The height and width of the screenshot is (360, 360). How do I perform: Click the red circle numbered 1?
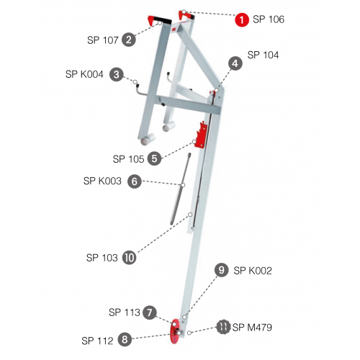pyautogui.click(x=242, y=19)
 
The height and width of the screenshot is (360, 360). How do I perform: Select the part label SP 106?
pyautogui.click(x=269, y=19)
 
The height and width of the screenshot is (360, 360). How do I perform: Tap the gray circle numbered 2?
pyautogui.click(x=129, y=40)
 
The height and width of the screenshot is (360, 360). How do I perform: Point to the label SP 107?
pyautogui.click(x=103, y=40)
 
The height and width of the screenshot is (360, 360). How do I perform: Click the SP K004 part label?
pyautogui.click(x=84, y=74)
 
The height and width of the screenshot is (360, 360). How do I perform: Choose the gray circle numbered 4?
pyautogui.click(x=235, y=63)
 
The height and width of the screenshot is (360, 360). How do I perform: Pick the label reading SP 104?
pyautogui.click(x=263, y=55)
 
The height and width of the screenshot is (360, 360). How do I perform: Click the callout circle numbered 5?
pyautogui.click(x=154, y=158)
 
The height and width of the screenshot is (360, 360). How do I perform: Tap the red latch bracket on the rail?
pyautogui.click(x=201, y=135)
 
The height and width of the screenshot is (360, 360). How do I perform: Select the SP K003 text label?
pyautogui.click(x=102, y=181)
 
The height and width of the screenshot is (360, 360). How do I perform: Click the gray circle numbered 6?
pyautogui.click(x=135, y=181)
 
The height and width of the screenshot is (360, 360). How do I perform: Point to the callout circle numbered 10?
pyautogui.click(x=130, y=258)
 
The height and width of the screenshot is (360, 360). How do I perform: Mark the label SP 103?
pyautogui.click(x=102, y=258)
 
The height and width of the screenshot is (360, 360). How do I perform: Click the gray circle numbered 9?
pyautogui.click(x=221, y=270)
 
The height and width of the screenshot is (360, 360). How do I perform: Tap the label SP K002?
pyautogui.click(x=253, y=271)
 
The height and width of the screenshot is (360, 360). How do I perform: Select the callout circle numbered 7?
pyautogui.click(x=150, y=312)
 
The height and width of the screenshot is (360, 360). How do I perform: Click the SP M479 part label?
pyautogui.click(x=252, y=328)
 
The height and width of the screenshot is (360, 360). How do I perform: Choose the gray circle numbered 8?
pyautogui.click(x=125, y=339)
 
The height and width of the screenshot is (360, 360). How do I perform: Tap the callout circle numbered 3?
pyautogui.click(x=117, y=74)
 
